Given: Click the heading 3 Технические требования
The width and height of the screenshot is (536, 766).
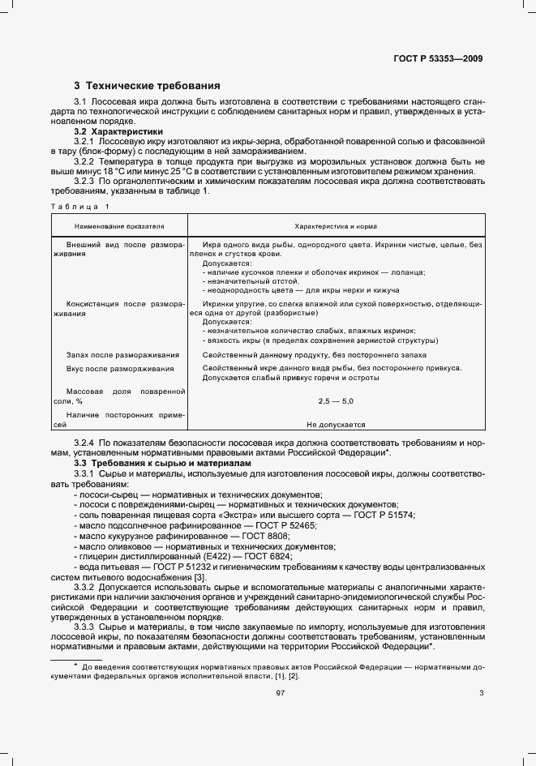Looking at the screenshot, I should pyautogui.click(x=147, y=85).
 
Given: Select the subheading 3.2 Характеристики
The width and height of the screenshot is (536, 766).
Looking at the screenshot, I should pyautogui.click(x=118, y=131).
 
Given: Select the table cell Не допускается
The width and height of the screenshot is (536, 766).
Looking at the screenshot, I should pyautogui.click(x=336, y=424).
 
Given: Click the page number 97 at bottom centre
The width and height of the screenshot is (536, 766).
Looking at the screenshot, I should pyautogui.click(x=281, y=692).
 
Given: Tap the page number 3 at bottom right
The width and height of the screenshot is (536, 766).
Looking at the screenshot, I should pyautogui.click(x=481, y=692).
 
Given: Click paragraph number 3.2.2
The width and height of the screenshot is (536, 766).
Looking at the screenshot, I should pyautogui.click(x=85, y=161).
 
